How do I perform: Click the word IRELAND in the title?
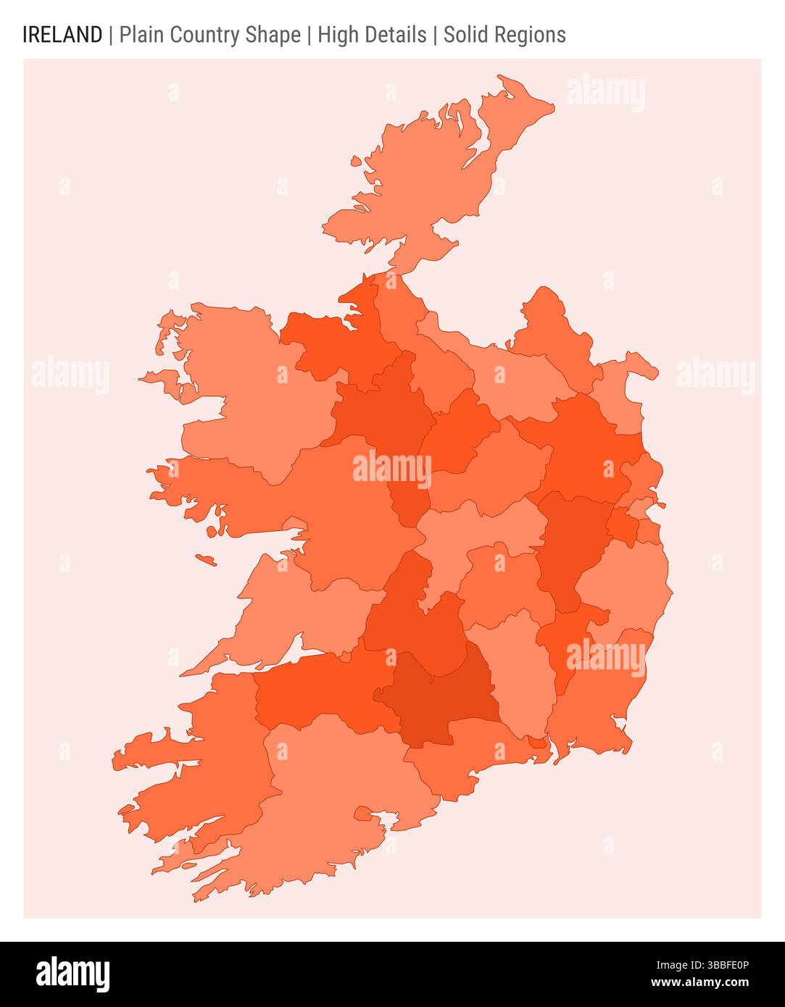pos(62,35)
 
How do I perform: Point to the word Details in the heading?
pos(397,35)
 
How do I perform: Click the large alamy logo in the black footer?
pos(73,974)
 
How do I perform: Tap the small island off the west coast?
pos(206,559)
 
